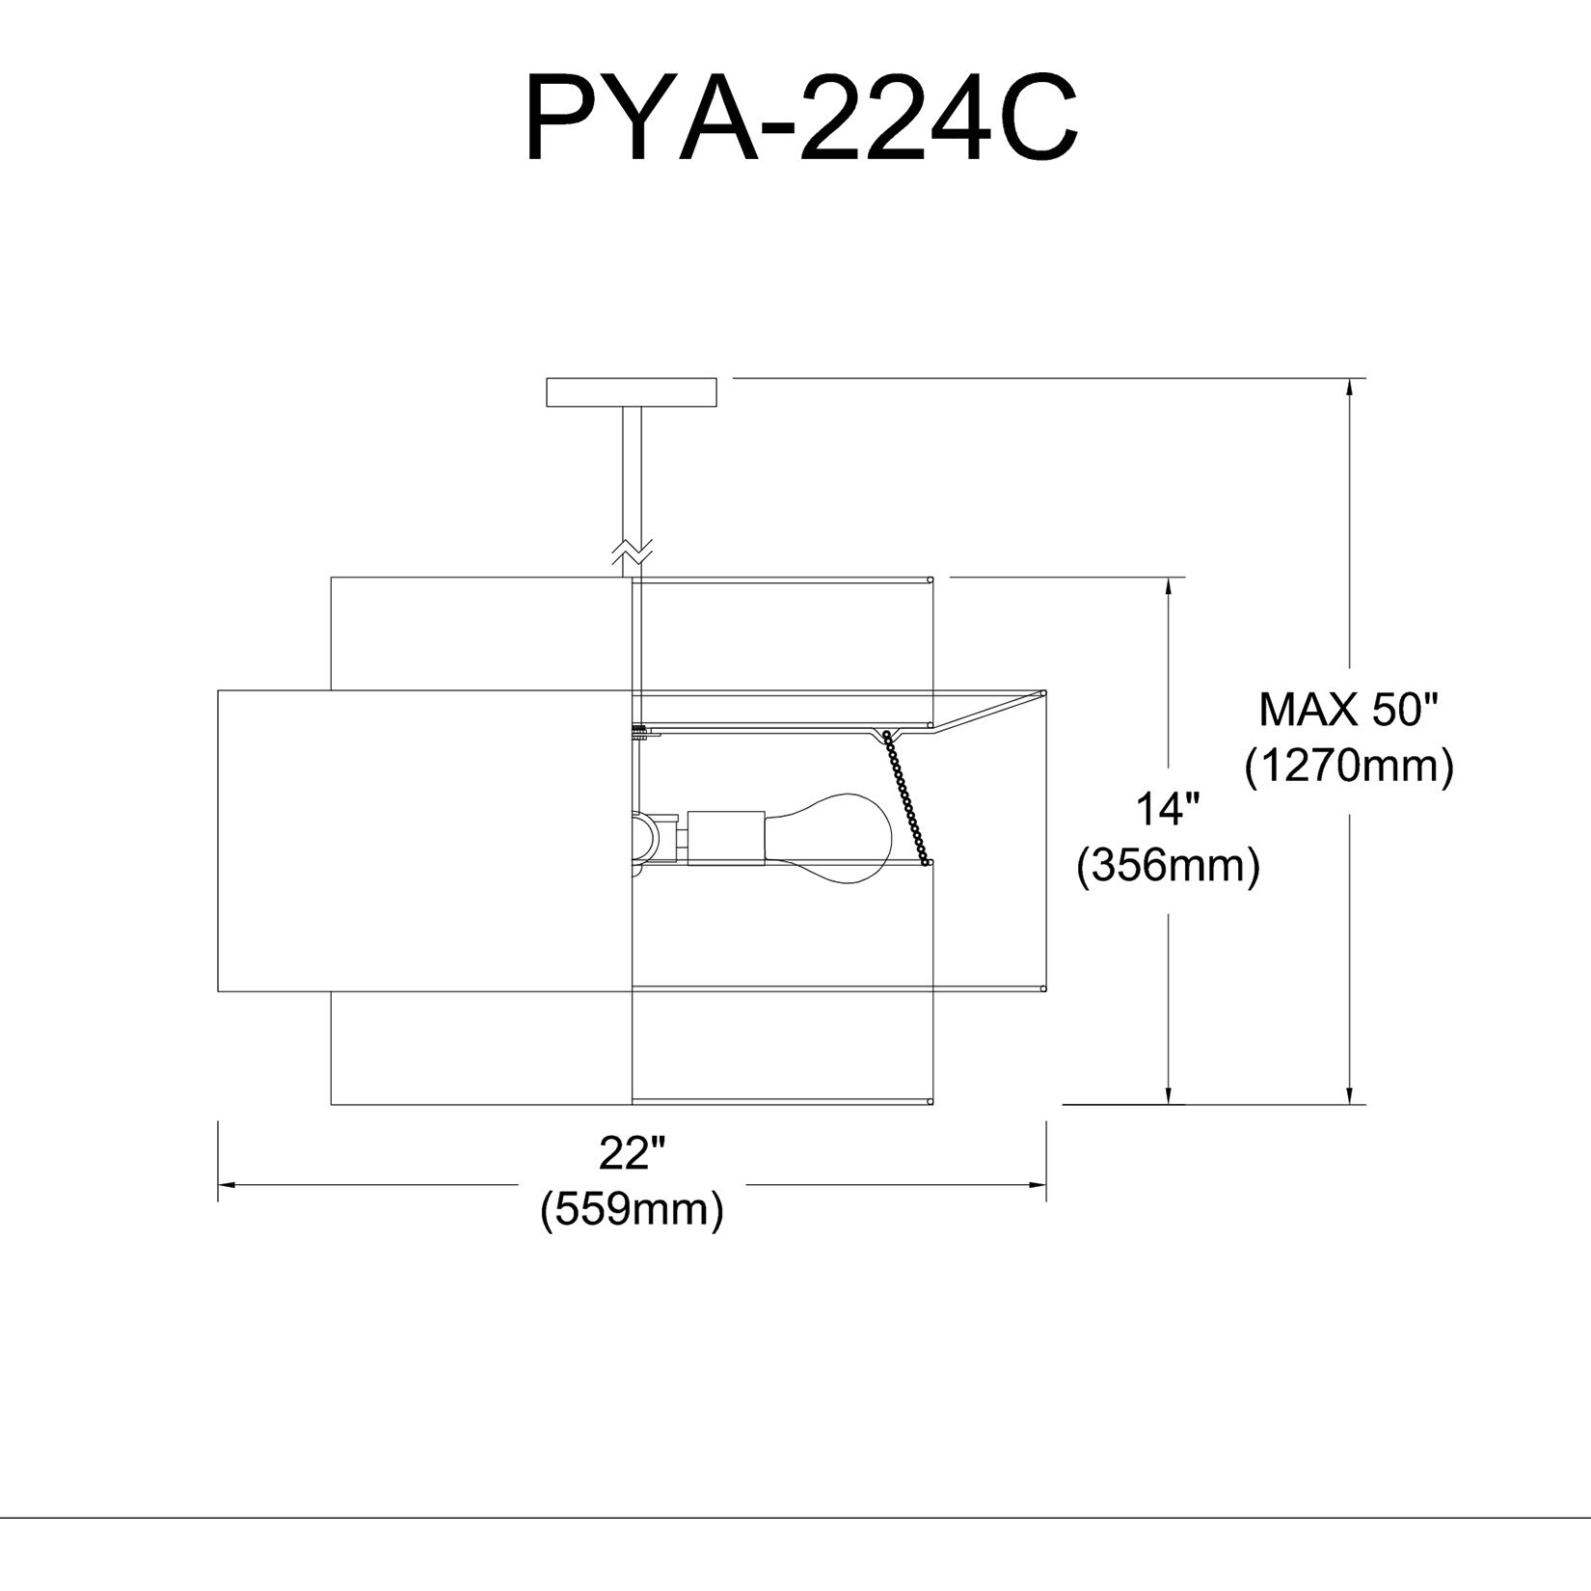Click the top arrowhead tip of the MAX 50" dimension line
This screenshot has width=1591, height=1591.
(1355, 378)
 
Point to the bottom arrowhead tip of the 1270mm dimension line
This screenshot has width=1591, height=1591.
(1355, 1104)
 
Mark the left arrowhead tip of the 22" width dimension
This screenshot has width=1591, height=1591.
(219, 1184)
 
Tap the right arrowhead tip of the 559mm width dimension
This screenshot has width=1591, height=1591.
(1046, 1184)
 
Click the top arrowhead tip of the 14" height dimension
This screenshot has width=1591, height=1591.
(1172, 578)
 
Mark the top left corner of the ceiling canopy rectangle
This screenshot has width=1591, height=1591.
(547, 378)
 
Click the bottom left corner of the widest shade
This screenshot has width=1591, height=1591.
(219, 990)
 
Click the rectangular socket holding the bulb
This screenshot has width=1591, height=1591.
(726, 836)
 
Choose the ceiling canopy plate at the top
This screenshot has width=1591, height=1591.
(632, 393)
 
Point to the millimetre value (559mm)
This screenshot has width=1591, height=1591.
(633, 1210)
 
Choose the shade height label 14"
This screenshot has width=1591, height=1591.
(1169, 810)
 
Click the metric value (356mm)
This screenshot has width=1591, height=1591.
(1169, 867)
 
